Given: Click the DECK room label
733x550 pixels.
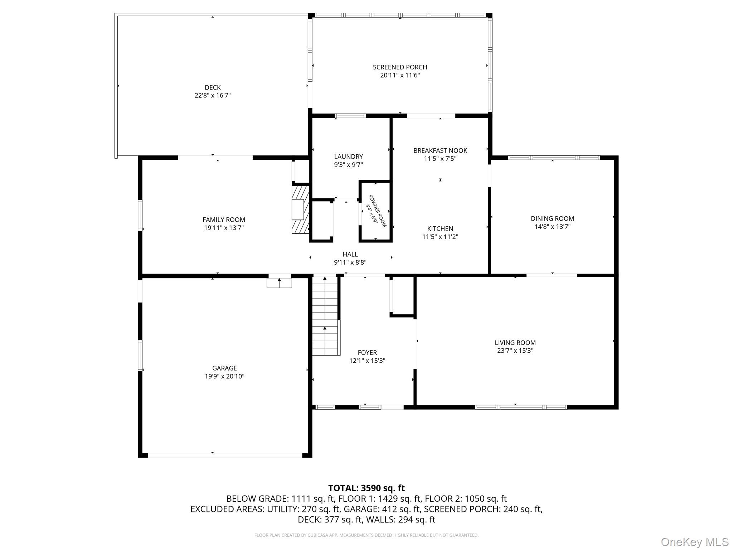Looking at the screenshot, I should (213, 87).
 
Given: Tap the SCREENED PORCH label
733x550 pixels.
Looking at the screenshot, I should (400, 67).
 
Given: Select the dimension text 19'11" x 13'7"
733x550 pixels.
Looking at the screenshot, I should (224, 228).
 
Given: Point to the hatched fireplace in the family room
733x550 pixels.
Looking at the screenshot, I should (300, 209).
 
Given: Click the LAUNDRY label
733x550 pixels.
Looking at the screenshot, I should (348, 156).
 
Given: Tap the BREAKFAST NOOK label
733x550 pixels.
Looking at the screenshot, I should (440, 150).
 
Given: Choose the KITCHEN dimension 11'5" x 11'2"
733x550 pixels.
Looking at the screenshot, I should (440, 237).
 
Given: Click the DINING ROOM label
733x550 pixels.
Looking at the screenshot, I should (552, 218).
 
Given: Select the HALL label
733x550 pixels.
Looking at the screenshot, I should (350, 254).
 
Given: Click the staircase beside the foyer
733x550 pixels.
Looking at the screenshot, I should (325, 317).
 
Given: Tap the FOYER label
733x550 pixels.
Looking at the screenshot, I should (367, 353).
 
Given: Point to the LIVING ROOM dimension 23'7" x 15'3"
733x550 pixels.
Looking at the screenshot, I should (515, 351).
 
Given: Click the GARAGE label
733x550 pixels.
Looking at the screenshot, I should (224, 368).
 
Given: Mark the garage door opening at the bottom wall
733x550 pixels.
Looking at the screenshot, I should (225, 455).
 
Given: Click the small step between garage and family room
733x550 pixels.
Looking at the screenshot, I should (279, 283).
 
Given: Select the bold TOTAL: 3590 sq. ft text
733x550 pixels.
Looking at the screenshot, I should (366, 488).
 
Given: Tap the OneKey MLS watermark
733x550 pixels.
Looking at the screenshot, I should (694, 542).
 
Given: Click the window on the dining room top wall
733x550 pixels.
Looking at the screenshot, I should (554, 158).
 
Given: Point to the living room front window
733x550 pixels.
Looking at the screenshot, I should (521, 407).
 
